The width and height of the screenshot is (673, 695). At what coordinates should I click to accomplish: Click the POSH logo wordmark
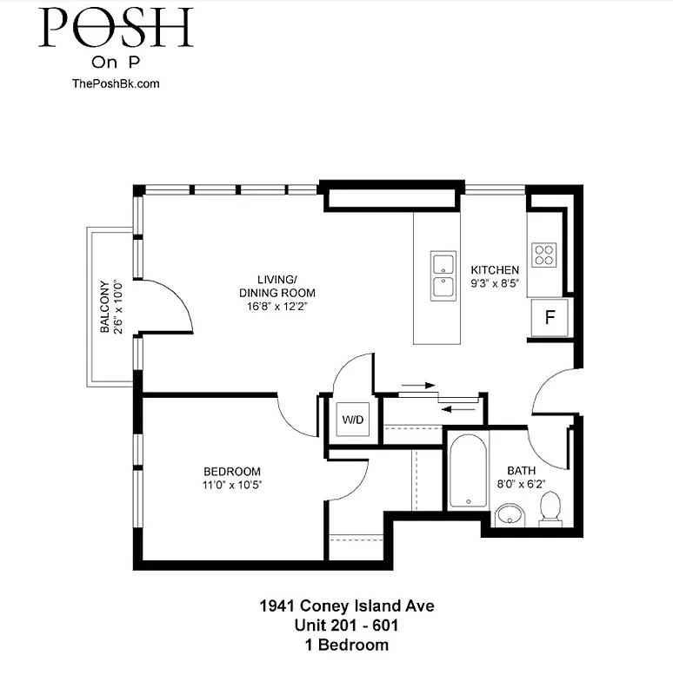pos(116,28)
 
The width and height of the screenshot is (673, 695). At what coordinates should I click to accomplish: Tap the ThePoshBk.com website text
pos(116,83)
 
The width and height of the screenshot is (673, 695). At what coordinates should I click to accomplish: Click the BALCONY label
pos(104,307)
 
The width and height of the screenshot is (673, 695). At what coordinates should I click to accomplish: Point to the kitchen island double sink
pos(443,275)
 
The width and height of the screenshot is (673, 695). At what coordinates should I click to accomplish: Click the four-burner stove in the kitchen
pos(544,254)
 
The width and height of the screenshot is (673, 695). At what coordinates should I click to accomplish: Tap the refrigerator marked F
pos(549,317)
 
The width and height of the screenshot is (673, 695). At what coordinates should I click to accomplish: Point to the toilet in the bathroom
pos(550,508)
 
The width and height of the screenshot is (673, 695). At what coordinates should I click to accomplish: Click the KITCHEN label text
pos(495,270)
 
